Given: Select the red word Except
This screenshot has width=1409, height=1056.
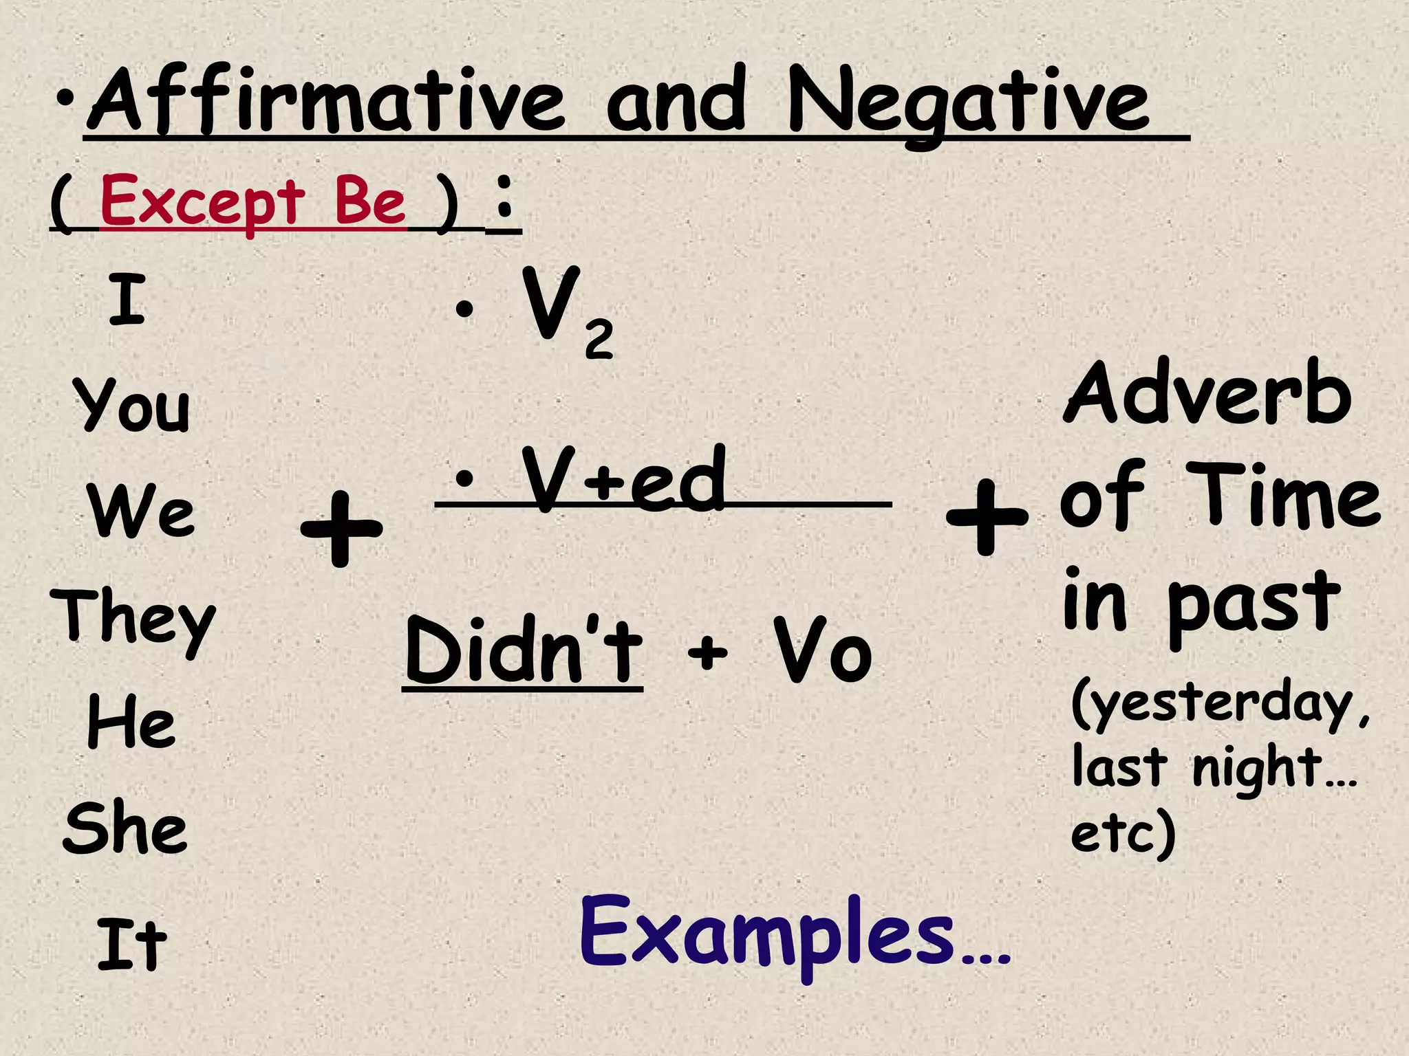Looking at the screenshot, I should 202,202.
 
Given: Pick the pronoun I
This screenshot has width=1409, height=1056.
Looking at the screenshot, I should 127,299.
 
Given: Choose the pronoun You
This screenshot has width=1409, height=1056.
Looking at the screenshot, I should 132,406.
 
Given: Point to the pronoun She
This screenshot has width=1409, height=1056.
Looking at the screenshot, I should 125,828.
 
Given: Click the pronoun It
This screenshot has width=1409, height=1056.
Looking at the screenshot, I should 132,945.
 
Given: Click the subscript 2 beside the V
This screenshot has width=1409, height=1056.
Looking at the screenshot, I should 599,340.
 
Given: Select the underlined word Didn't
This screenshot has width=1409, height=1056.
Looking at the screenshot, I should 523,649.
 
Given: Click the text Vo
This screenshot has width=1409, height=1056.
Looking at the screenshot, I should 823,650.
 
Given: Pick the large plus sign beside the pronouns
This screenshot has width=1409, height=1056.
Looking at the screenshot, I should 341,529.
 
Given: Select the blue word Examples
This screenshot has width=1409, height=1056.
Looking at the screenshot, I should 768,935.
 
